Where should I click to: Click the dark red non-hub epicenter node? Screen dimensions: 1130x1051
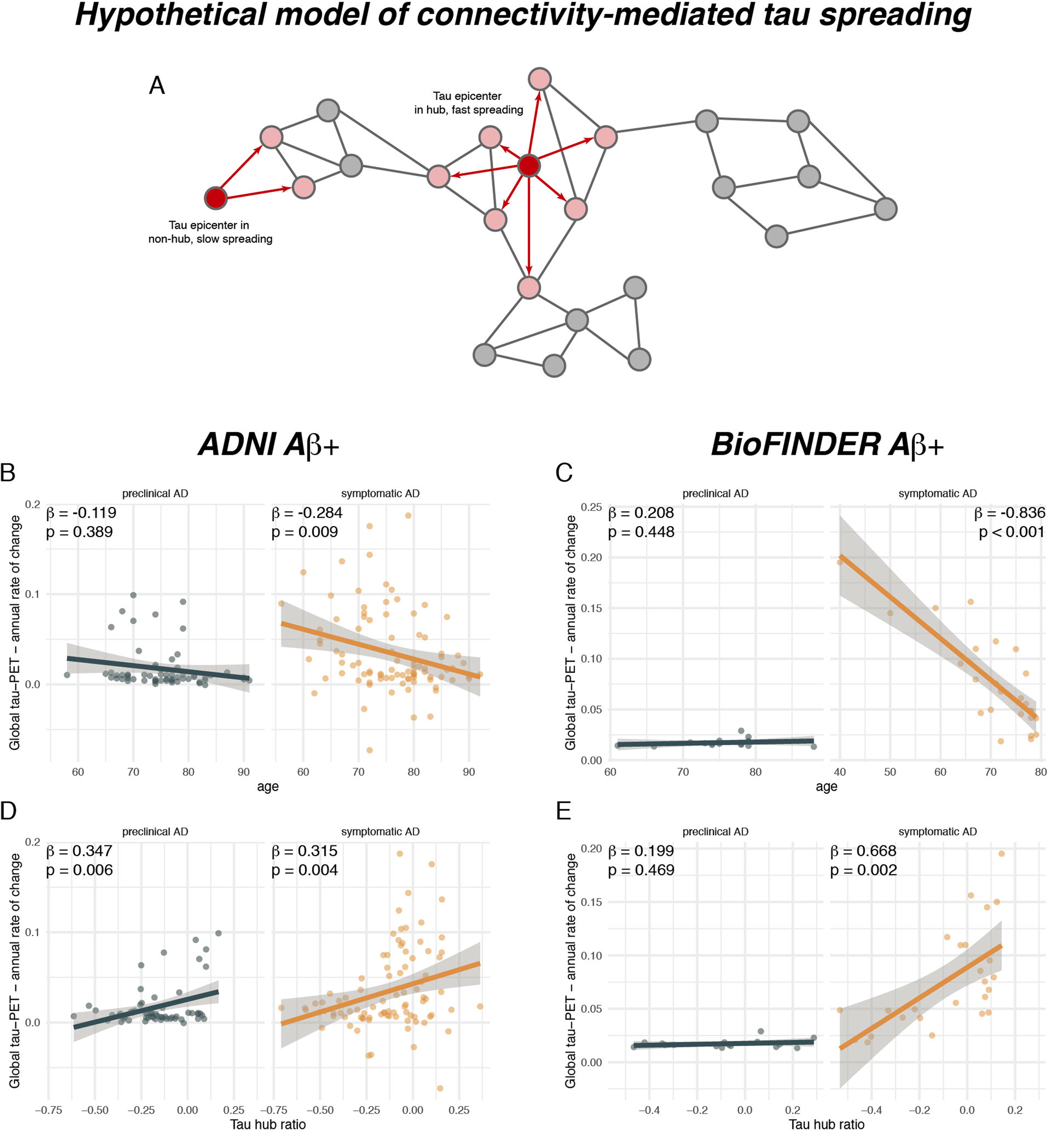click(x=216, y=198)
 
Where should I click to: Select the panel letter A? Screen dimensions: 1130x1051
click(x=156, y=86)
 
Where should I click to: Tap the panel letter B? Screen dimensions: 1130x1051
click(x=8, y=472)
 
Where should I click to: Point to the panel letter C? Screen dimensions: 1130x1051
click(x=563, y=472)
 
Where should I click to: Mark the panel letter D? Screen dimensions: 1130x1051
click(x=8, y=811)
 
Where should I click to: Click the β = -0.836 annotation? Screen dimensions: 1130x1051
click(x=1009, y=513)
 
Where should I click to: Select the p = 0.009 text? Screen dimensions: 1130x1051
click(x=304, y=532)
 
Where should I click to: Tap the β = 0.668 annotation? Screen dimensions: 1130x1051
click(x=863, y=851)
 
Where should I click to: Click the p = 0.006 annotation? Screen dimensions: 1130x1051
click(x=79, y=870)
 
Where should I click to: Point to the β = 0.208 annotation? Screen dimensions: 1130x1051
click(x=641, y=513)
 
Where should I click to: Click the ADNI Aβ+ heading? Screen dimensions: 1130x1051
click(x=269, y=445)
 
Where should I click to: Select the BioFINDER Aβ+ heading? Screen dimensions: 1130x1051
click(x=827, y=445)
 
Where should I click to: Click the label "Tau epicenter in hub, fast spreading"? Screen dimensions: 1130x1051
click(x=468, y=103)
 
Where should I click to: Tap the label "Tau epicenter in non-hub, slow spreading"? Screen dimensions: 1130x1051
click(x=210, y=232)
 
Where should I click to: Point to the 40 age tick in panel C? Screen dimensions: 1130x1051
click(x=840, y=772)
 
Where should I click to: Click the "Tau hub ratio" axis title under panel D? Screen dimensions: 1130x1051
click(x=268, y=1123)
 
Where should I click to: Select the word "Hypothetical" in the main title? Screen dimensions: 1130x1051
click(x=170, y=16)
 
